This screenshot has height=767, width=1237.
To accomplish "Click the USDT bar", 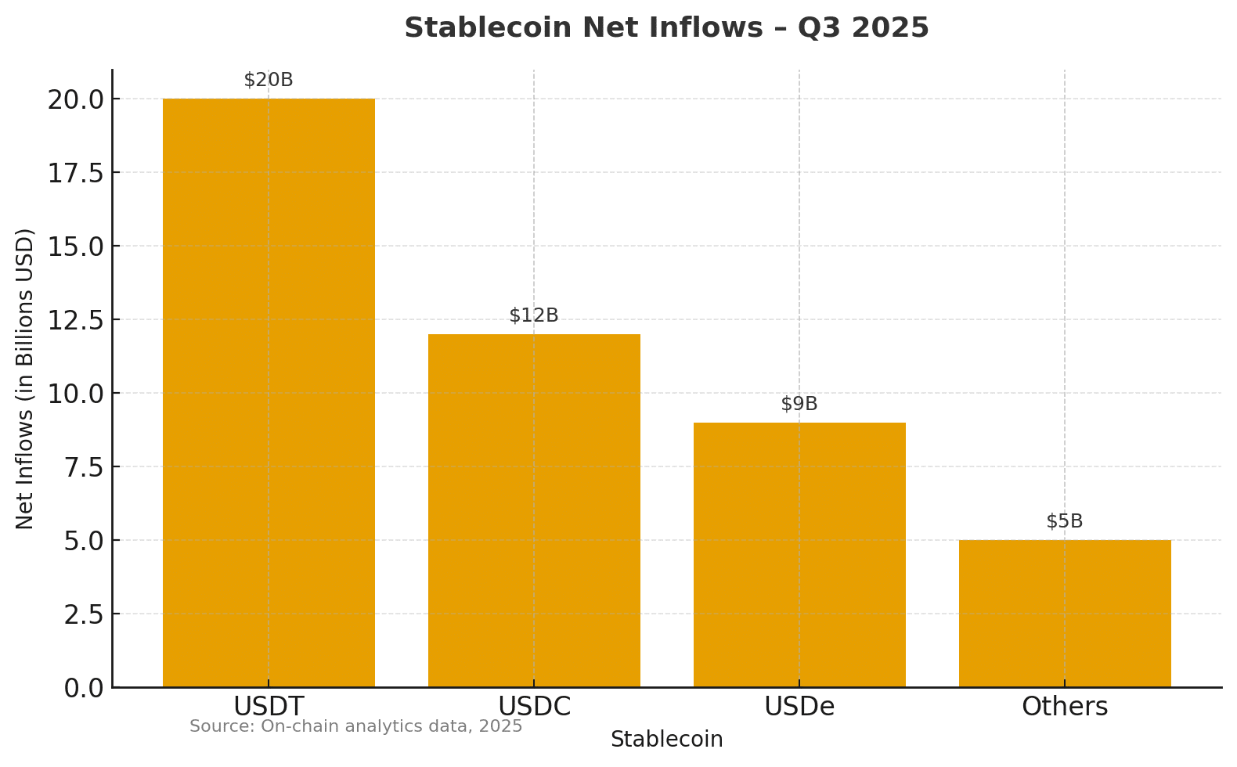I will [269, 391].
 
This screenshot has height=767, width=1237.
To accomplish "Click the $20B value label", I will [269, 80].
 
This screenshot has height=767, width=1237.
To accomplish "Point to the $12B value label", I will [534, 315].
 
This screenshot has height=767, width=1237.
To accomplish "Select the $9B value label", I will [799, 404].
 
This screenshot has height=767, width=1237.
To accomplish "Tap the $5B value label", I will [1065, 521].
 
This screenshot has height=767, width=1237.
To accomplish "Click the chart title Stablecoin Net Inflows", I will [666, 28].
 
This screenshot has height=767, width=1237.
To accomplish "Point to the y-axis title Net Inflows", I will [25, 378].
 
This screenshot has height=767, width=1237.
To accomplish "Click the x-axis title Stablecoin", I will [666, 740].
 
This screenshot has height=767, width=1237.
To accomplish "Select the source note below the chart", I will [355, 726].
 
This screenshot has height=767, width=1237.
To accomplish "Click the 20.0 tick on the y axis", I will [75, 99].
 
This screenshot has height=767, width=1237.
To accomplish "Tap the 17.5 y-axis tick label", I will [75, 173].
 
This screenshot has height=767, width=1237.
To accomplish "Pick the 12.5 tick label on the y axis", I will [75, 320].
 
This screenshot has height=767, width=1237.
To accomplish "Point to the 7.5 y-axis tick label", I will [83, 467].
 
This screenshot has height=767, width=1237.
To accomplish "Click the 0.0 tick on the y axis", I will [83, 688].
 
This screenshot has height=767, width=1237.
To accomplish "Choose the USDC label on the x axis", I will [534, 707].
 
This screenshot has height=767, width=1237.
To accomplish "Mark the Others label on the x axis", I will [1065, 707].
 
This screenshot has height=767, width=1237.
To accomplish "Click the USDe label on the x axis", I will [799, 707].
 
